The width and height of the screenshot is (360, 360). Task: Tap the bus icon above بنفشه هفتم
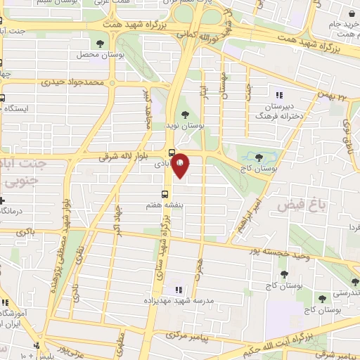point(165,193)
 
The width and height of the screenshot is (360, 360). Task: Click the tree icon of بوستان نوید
point(186,114)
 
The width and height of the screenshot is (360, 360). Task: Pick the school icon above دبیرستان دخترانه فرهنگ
point(279,95)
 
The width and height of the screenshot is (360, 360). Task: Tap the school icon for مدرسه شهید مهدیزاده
point(176,289)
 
